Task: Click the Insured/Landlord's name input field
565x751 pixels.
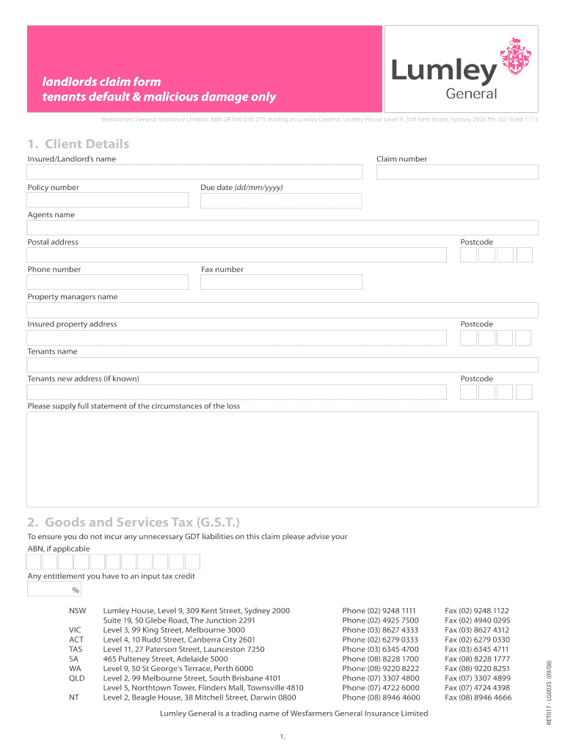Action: (194, 172)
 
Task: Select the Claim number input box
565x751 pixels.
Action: (457, 172)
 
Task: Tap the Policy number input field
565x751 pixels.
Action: (108, 200)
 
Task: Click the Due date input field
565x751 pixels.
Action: (281, 200)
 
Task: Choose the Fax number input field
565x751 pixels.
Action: (281, 282)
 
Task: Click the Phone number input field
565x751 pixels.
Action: (108, 282)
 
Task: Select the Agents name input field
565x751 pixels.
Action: (282, 227)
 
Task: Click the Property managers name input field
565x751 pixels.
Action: (282, 309)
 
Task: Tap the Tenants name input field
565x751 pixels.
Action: (282, 364)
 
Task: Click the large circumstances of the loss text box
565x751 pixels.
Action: (282, 459)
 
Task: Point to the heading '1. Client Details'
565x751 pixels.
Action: (79, 144)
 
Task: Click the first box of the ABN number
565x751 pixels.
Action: (34, 562)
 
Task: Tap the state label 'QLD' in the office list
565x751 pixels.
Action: (77, 678)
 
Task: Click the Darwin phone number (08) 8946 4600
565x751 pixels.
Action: (381, 697)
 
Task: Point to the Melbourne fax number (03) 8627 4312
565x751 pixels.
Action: (477, 630)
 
